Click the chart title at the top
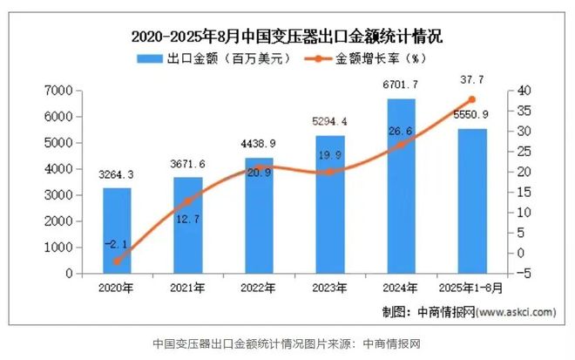click(x=287, y=37)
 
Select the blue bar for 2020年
click(x=117, y=230)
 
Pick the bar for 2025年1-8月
click(x=472, y=200)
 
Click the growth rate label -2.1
click(x=116, y=246)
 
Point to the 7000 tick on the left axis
click(x=57, y=91)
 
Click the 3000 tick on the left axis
click(x=57, y=195)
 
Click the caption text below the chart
click(x=287, y=343)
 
